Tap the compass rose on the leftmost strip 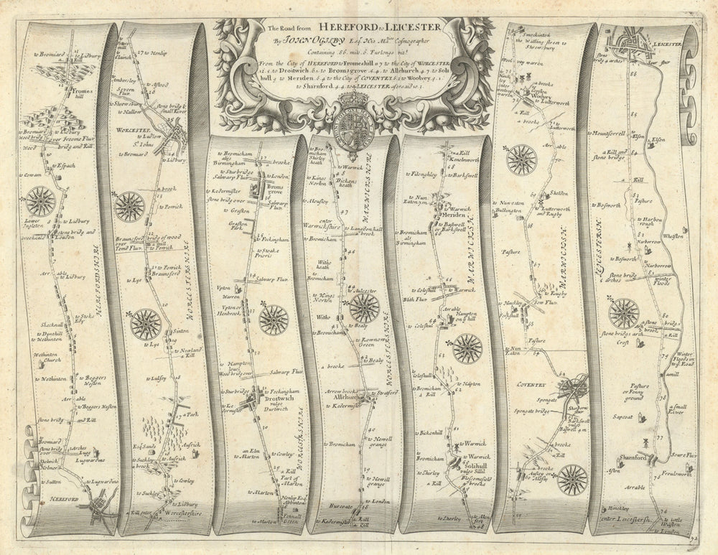41,202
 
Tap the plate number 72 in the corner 691,537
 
